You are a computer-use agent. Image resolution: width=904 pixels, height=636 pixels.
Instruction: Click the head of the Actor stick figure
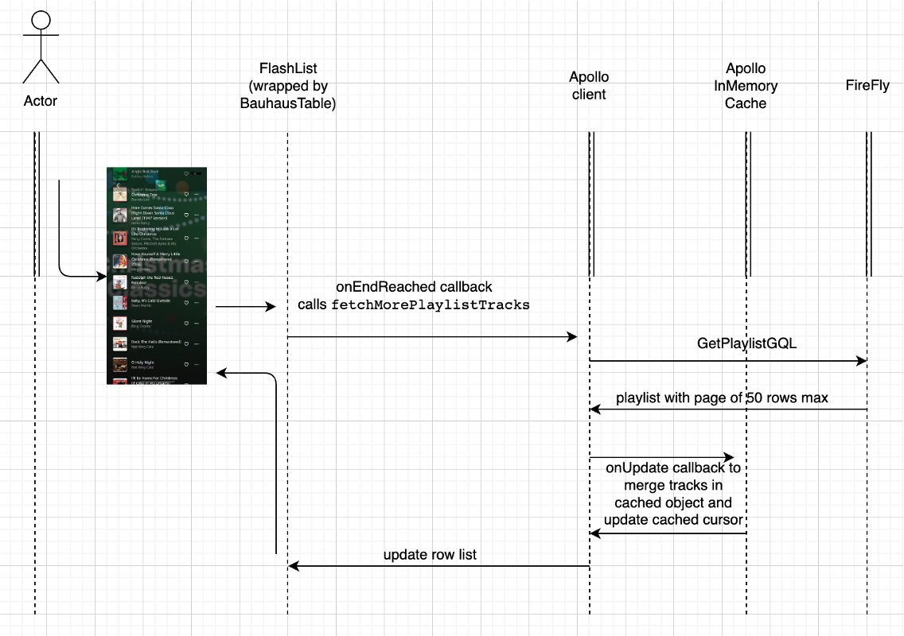[41, 22]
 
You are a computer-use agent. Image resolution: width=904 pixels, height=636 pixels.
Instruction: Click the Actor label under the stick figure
[41, 101]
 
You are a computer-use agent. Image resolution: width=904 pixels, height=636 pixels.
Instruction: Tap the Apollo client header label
[589, 86]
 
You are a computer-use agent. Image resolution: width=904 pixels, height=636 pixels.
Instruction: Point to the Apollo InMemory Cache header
[746, 86]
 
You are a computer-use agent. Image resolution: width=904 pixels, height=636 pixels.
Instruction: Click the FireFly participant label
[867, 86]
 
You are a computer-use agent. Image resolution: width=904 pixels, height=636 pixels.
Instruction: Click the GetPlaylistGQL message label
[746, 343]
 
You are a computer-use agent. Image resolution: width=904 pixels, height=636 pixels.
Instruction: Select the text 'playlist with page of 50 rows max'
[722, 397]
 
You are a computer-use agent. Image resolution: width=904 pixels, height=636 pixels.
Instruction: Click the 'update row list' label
[430, 554]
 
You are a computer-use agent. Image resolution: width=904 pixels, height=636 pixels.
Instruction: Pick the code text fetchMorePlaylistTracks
[431, 304]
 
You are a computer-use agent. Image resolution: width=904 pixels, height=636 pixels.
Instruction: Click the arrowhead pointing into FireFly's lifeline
[862, 361]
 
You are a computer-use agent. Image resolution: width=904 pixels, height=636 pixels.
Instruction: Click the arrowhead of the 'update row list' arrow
[293, 566]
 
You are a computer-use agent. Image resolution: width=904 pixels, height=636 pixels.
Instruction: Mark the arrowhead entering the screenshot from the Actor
[102, 277]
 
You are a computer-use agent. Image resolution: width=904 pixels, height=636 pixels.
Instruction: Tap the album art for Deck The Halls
[119, 343]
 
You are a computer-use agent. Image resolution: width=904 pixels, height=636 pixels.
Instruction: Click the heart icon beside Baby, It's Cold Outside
[185, 303]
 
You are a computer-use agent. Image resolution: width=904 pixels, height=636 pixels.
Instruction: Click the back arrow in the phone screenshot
[118, 184]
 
